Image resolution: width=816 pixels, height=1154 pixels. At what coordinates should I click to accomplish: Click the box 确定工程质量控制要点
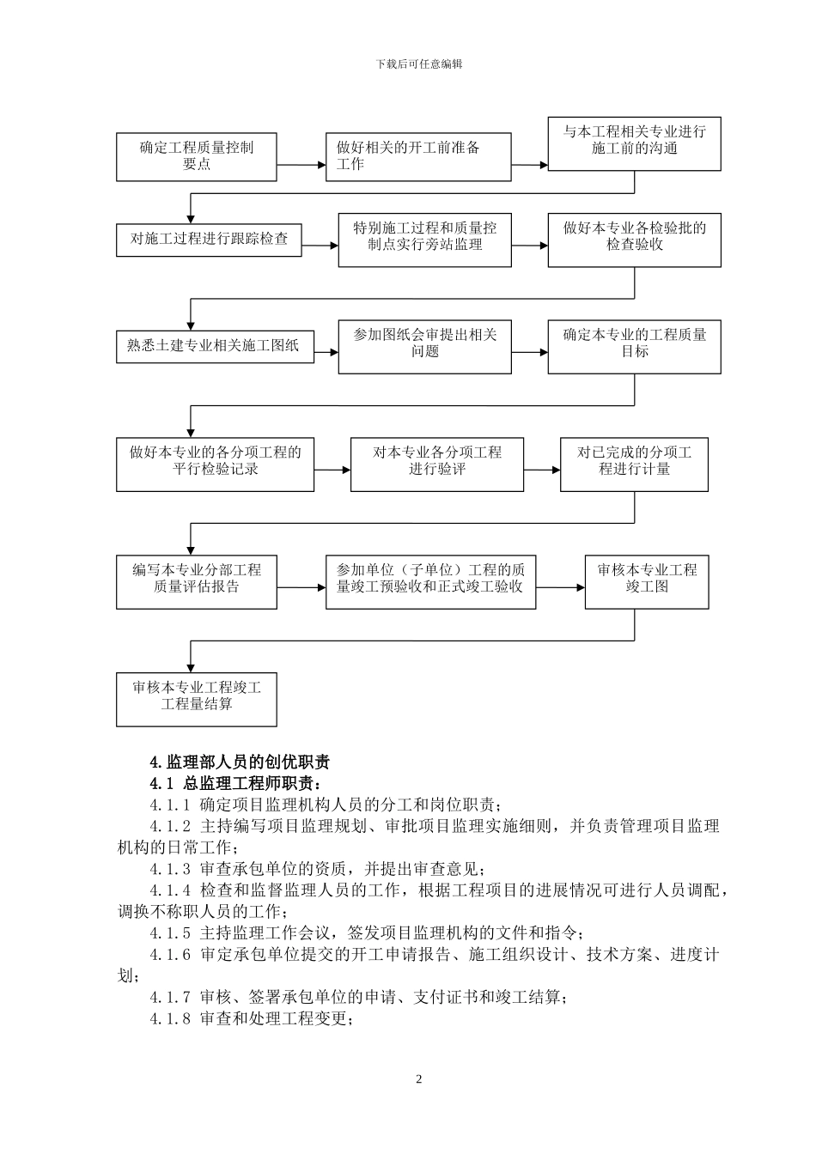(x=197, y=156)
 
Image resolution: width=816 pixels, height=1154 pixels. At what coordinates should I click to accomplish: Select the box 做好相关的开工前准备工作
(x=418, y=156)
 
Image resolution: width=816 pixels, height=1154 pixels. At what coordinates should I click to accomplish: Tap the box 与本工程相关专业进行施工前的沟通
(x=634, y=143)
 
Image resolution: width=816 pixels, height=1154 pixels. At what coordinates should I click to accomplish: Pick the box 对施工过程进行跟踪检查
(x=209, y=240)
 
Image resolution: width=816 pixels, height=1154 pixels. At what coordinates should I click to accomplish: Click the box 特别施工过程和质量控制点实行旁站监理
(x=424, y=240)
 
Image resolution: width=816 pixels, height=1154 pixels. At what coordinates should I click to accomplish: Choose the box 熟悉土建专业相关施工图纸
(x=215, y=346)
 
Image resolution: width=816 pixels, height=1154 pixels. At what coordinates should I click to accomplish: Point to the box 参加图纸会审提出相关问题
(x=424, y=346)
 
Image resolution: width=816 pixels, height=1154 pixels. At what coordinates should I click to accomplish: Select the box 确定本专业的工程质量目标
(x=634, y=346)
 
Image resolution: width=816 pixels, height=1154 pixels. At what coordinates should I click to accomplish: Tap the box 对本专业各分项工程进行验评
(x=436, y=465)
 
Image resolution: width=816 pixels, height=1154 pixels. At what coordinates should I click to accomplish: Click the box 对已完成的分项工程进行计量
(x=634, y=465)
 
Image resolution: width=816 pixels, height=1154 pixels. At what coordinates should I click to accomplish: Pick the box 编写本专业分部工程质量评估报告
(x=197, y=582)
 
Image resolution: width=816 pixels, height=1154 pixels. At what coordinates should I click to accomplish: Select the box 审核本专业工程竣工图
(x=647, y=582)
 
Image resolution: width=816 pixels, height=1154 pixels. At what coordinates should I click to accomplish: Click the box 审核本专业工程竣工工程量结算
(x=197, y=699)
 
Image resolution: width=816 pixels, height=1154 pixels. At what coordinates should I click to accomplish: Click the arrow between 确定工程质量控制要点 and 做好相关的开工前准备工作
(x=301, y=164)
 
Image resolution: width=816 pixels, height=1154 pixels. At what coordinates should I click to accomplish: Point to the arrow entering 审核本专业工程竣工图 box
(x=560, y=588)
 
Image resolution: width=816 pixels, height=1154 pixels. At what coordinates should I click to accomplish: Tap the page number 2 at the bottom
(x=419, y=1079)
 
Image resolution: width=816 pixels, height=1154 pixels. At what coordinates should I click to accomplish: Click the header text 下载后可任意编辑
(x=419, y=64)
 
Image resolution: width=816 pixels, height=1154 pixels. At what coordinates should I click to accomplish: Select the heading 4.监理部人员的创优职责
(x=240, y=762)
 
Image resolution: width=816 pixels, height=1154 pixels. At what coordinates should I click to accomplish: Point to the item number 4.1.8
(x=169, y=1019)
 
